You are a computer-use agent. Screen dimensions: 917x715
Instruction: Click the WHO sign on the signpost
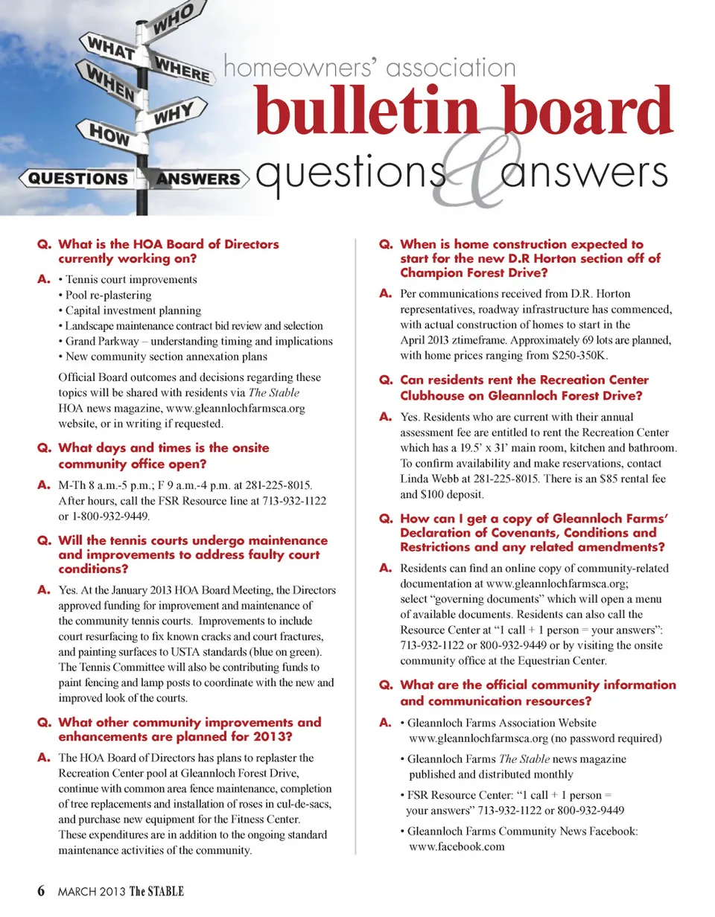tap(174, 17)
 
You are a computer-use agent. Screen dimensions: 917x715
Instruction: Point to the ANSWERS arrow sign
tap(198, 179)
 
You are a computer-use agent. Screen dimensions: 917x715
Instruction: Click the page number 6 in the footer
tap(42, 892)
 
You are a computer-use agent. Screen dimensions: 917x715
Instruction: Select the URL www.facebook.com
tap(457, 846)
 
